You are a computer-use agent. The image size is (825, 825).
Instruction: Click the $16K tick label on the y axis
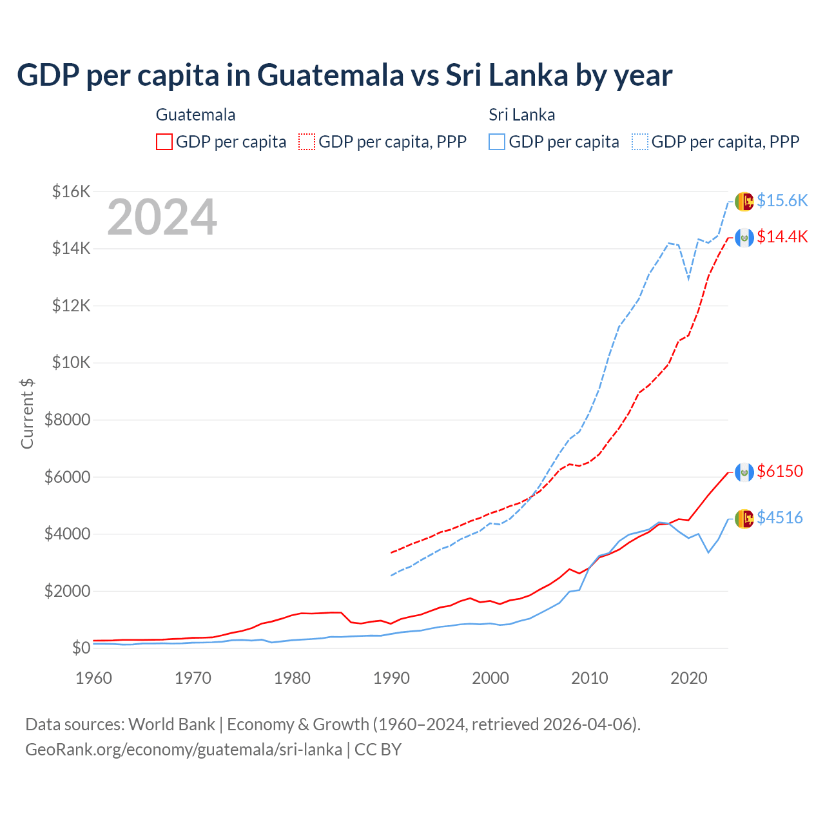71,191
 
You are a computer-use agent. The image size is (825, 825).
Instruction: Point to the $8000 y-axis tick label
67,420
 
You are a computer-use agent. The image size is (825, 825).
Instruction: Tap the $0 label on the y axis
81,648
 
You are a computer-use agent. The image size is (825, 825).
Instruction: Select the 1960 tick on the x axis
94,678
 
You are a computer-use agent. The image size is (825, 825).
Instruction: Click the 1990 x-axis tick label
391,678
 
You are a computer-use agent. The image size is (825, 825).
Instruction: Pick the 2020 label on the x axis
688,678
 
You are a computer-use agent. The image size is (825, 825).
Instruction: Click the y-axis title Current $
27,413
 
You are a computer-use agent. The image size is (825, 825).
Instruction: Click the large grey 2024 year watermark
162,218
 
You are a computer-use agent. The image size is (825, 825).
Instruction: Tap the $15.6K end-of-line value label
782,200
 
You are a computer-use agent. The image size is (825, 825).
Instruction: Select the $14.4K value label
782,237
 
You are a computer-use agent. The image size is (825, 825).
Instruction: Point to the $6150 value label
780,471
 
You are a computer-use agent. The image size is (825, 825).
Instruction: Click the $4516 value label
780,518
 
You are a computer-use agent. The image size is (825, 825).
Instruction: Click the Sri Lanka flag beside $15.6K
744,201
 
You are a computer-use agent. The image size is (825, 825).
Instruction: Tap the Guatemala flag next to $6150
744,472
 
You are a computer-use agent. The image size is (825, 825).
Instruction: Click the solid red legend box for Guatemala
164,142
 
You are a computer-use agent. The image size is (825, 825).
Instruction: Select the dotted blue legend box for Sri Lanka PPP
640,142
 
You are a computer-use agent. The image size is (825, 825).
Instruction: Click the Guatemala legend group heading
195,115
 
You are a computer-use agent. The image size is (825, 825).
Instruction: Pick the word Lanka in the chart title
528,75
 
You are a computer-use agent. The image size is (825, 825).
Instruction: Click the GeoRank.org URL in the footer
184,750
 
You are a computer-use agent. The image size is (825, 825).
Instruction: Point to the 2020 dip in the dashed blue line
688,279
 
